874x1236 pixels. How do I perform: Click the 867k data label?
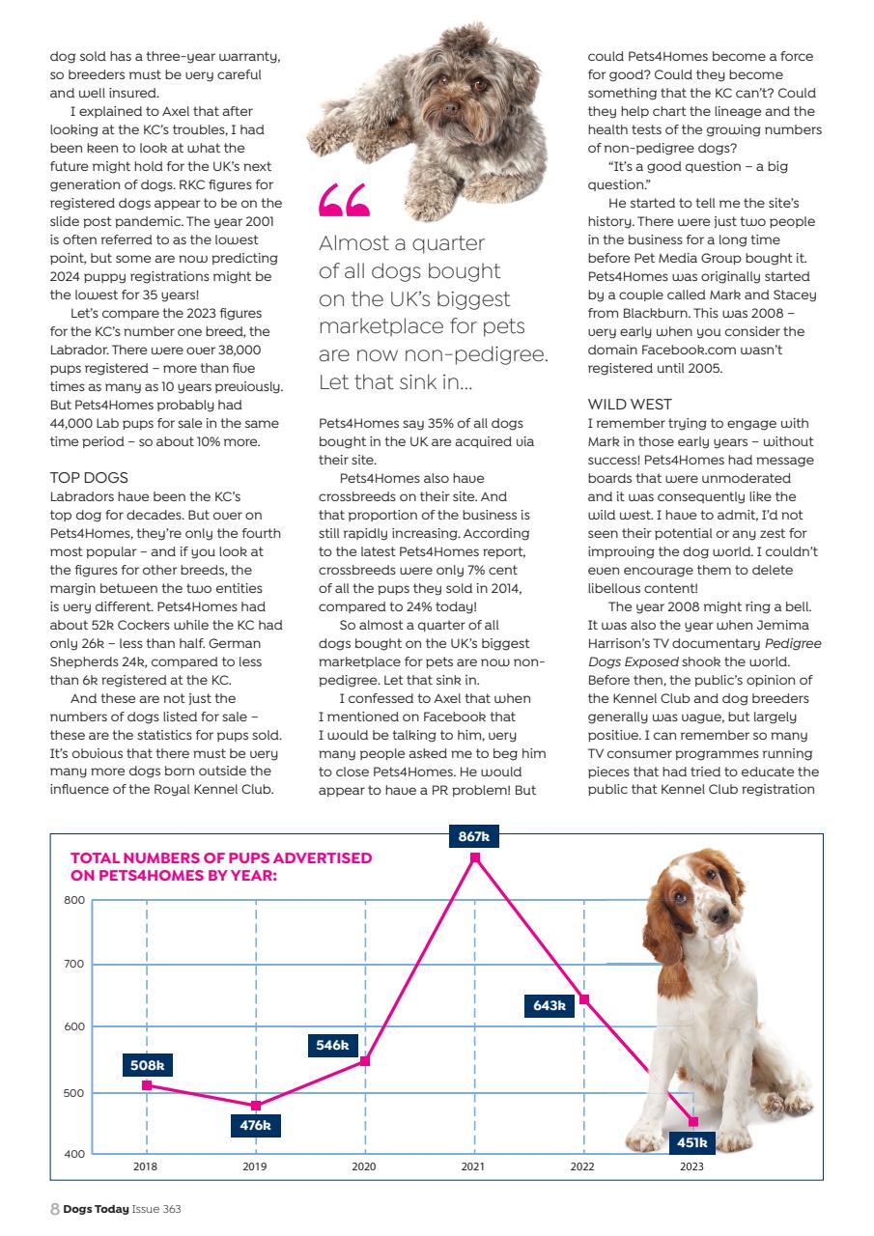(473, 836)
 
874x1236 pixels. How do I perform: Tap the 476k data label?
(255, 1125)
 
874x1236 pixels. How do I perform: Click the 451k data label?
(691, 1142)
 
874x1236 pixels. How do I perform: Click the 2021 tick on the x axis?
(473, 1166)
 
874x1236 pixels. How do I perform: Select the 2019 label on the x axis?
(255, 1166)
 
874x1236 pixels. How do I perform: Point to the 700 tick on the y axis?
(74, 964)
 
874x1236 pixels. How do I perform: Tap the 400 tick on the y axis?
(74, 1154)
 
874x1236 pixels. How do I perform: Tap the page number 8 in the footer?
(54, 1208)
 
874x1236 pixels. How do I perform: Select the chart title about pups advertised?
(221, 865)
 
